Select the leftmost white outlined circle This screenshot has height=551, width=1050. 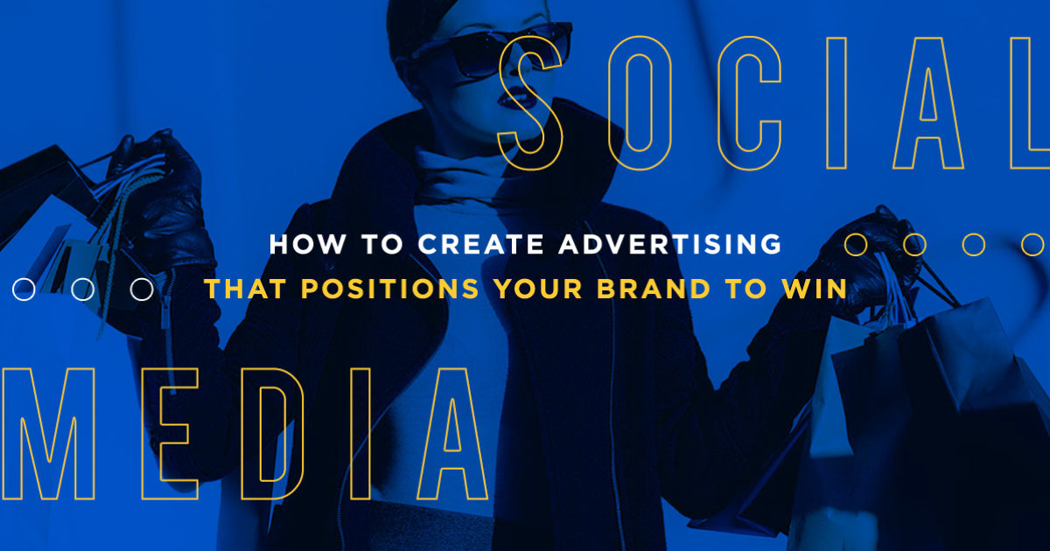click(24, 289)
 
